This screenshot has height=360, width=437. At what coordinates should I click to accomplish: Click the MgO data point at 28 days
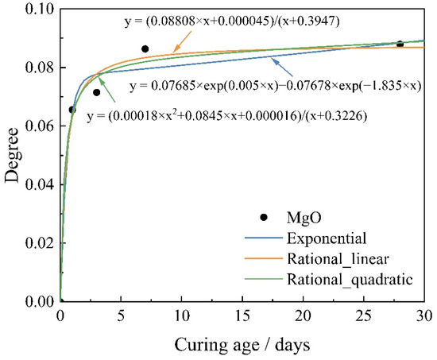[x=400, y=45]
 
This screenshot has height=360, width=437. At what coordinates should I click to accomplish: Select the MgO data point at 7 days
[x=145, y=49]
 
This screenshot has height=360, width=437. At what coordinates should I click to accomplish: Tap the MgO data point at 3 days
[x=97, y=92]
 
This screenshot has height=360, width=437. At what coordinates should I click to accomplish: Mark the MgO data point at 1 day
[x=72, y=110]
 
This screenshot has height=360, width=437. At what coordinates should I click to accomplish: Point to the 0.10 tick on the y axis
[x=39, y=10]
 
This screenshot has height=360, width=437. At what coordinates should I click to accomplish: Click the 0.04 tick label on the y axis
[x=39, y=185]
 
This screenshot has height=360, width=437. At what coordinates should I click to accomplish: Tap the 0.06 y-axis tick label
[x=39, y=126]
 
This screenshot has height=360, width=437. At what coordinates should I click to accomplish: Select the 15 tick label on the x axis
[x=242, y=315]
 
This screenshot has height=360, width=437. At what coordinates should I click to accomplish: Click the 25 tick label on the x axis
[x=363, y=315]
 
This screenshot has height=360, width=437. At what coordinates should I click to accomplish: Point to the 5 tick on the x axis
[x=121, y=315]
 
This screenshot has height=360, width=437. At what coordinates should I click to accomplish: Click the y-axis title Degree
[x=13, y=156]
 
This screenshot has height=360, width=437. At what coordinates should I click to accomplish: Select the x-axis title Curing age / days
[x=242, y=343]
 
